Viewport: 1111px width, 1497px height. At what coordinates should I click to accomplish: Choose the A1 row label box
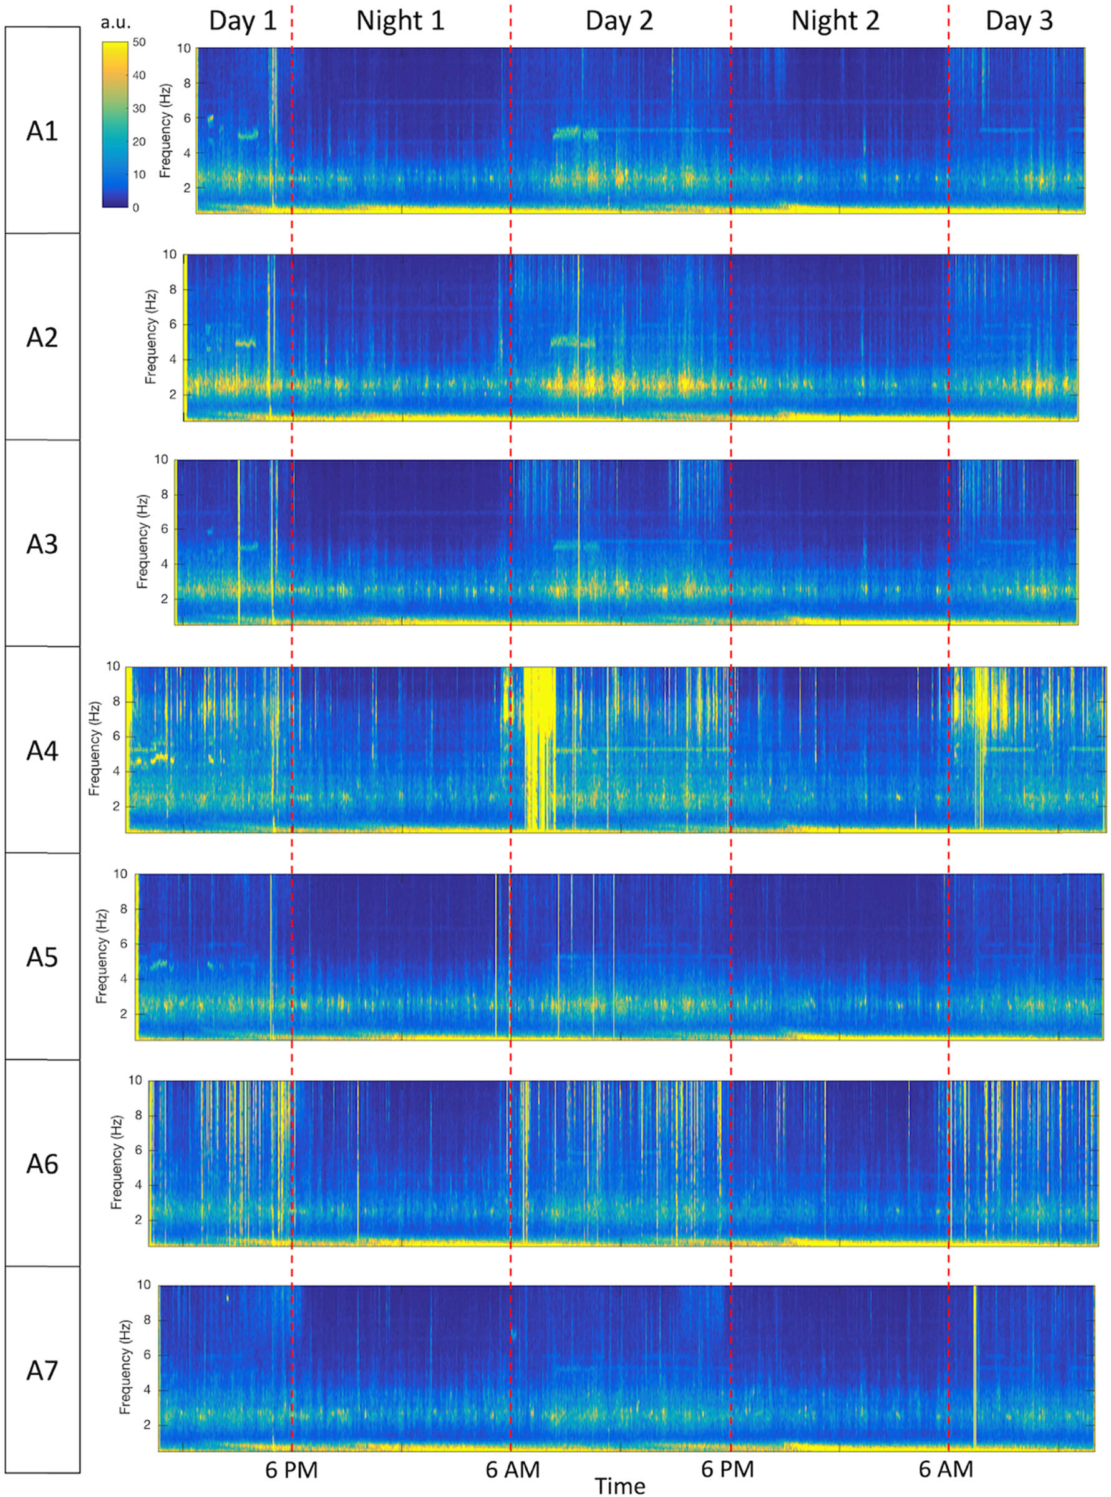pyautogui.click(x=42, y=130)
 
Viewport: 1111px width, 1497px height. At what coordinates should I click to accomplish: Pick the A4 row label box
pyautogui.click(x=42, y=750)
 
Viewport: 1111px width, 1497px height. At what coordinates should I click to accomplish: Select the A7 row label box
pyautogui.click(x=42, y=1370)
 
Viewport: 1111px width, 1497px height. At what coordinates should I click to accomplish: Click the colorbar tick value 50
pyautogui.click(x=139, y=42)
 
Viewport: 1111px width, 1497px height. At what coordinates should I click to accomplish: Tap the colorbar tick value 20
pyautogui.click(x=139, y=142)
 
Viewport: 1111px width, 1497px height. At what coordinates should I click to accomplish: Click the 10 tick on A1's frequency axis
pyautogui.click(x=183, y=49)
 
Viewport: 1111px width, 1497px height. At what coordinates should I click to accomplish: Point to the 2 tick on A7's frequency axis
pyautogui.click(x=145, y=1425)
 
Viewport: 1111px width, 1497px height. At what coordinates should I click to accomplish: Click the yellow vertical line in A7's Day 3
pyautogui.click(x=974, y=1365)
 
